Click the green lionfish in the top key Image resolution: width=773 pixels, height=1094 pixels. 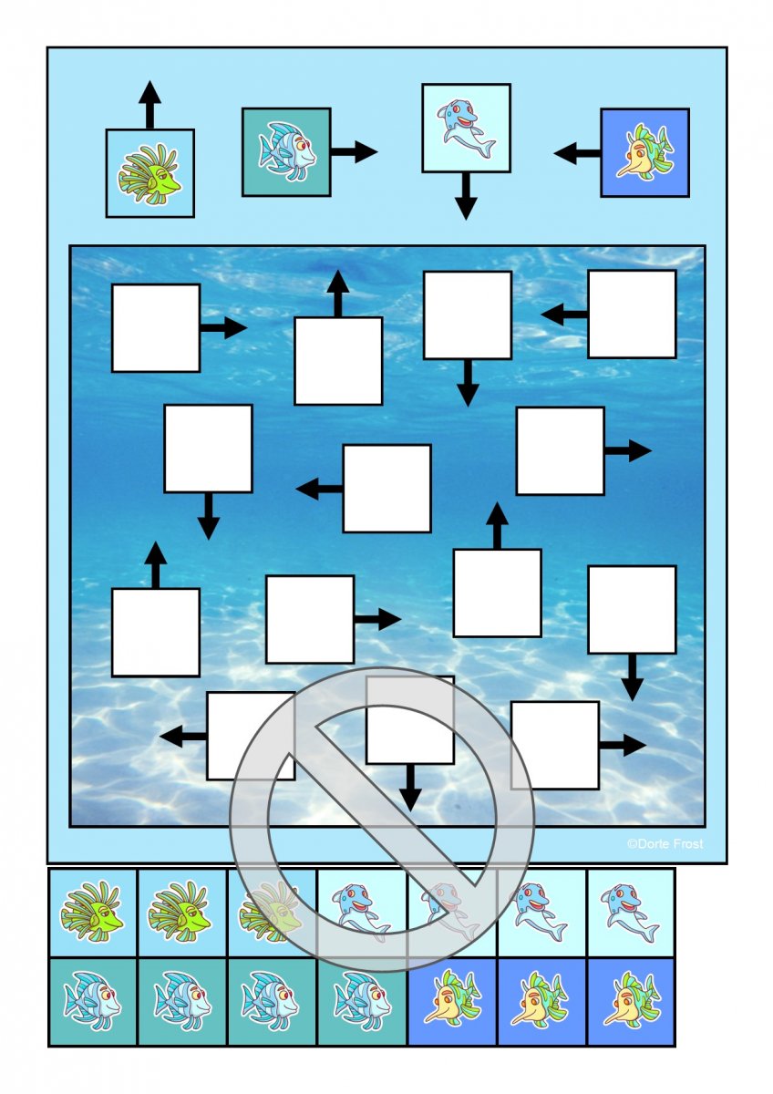point(149,173)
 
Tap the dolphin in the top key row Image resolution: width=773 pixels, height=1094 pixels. point(465,128)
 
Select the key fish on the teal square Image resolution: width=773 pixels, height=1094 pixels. point(286,151)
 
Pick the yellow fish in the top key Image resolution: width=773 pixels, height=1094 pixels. point(644,152)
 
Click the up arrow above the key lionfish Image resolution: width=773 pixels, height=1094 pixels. point(149,103)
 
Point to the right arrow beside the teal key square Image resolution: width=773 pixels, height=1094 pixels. point(355,151)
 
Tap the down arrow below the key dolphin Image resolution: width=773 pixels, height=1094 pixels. point(466,196)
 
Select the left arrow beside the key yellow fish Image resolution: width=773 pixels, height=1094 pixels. point(576,153)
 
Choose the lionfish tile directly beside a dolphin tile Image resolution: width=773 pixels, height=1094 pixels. point(272,912)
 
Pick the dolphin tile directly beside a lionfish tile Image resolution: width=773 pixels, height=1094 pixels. point(362,912)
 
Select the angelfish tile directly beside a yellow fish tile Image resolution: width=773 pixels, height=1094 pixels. point(362,1001)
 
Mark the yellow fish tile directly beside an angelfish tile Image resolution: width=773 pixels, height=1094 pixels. point(451,1001)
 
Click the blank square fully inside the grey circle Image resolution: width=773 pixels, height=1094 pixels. point(410,720)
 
